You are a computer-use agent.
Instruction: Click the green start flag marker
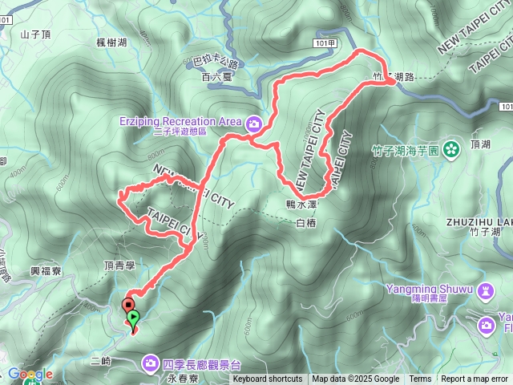coord(134,318)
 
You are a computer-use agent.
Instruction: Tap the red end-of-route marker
coord(127,305)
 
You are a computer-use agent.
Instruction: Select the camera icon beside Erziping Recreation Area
coord(254,123)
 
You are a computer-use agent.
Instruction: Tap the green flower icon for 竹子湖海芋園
coord(451,148)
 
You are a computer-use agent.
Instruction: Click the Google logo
coord(30,375)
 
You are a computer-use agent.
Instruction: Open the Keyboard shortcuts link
coord(268,379)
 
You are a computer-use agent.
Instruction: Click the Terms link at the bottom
coord(420,379)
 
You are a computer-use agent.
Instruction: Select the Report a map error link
coord(475,379)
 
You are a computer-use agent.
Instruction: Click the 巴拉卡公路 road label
coord(217,62)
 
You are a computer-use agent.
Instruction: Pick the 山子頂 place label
coord(36,34)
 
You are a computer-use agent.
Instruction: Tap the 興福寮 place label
coord(46,273)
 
